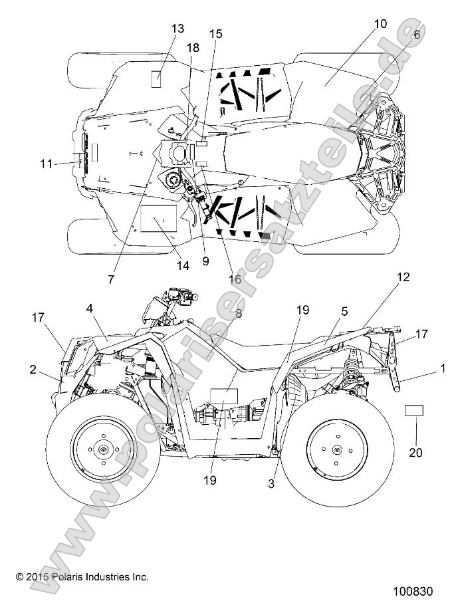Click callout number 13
pos(177,29)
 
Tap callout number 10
pos(380,24)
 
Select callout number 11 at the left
pos(45,162)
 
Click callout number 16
pos(235,279)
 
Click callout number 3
pos(271,484)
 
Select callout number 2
pos(33,370)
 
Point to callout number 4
pos(89,308)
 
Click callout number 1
pos(443,367)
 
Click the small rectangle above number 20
pos(413,409)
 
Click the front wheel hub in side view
pos(103,450)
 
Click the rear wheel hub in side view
pos(336,450)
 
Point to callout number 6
pos(417,35)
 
